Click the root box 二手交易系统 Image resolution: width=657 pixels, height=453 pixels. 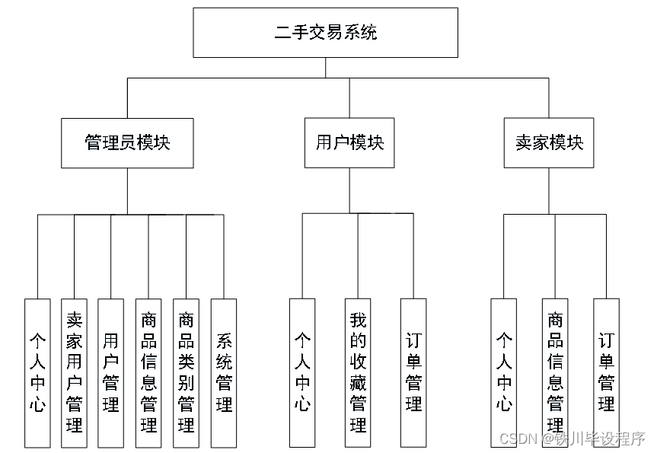tap(325, 33)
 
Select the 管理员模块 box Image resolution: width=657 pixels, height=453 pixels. tap(127, 143)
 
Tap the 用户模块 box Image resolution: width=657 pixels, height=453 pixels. tap(349, 143)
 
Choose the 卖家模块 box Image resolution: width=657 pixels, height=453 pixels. tap(548, 143)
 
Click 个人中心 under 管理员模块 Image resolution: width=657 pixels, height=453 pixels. tap(37, 372)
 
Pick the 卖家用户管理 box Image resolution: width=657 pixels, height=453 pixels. tap(74, 372)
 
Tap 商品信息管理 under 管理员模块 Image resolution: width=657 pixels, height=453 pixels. tap(148, 372)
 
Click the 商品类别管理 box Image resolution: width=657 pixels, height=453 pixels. tap(186, 372)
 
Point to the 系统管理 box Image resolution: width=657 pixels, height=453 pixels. tap(223, 372)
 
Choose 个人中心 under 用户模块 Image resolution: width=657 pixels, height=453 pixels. tap(302, 372)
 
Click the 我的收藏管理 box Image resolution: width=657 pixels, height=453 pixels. tap(358, 372)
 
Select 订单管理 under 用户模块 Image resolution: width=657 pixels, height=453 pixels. tap(413, 372)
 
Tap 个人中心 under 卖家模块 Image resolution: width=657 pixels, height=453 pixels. tap(504, 372)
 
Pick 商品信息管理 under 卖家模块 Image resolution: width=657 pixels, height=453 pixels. tap(555, 372)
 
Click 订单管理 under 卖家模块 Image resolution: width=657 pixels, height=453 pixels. tap(606, 372)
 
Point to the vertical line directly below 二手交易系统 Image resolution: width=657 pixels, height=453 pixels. tap(326, 68)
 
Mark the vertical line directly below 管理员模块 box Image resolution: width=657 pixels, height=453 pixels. tap(127, 190)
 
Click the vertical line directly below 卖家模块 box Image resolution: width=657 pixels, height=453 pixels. tap(548, 190)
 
